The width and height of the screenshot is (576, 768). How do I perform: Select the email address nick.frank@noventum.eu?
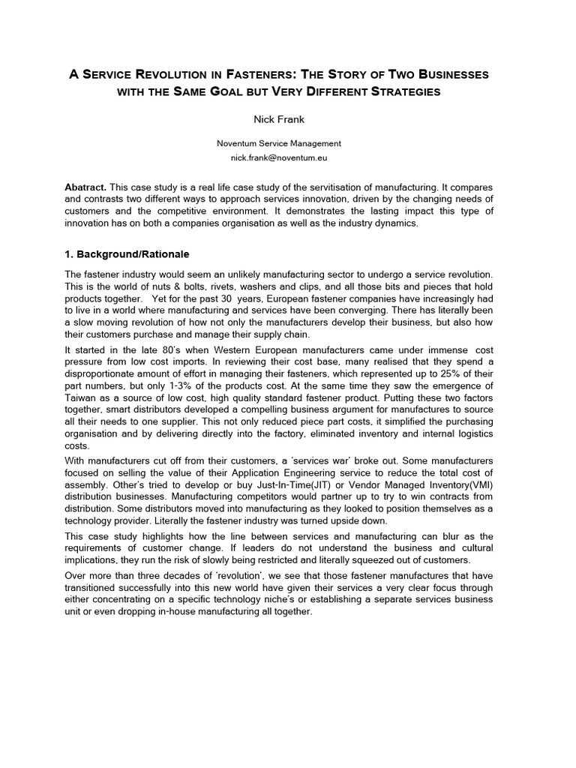click(278, 158)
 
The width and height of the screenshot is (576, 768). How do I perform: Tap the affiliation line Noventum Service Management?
click(278, 143)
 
